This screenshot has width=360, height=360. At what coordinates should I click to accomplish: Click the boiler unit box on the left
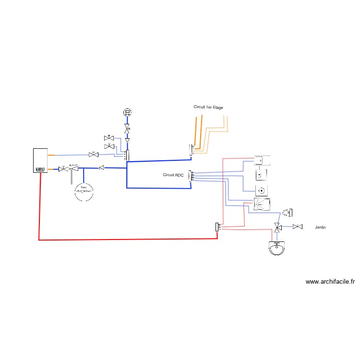point(39,160)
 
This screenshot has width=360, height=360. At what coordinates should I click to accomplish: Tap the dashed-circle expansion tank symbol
point(84,192)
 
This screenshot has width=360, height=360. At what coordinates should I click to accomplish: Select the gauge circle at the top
point(127,113)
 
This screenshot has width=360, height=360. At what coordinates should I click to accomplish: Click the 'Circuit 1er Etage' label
point(208,107)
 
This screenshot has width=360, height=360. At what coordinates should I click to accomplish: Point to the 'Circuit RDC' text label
point(173,175)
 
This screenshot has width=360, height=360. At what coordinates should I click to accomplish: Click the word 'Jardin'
point(320,227)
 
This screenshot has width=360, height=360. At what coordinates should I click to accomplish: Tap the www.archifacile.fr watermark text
point(330,282)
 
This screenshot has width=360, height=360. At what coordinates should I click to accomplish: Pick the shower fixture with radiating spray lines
point(262,205)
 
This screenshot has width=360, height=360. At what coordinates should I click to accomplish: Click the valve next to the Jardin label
point(298,227)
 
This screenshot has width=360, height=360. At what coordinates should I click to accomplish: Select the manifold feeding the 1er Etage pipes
point(191,150)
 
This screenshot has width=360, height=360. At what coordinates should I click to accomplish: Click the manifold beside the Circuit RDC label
point(191,176)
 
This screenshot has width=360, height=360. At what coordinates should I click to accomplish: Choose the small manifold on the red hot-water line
point(217,227)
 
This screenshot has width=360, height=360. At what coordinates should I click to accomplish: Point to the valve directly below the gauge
point(127,130)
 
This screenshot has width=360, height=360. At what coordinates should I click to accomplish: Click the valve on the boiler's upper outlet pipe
point(94,155)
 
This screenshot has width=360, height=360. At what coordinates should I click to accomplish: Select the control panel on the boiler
point(39,169)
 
